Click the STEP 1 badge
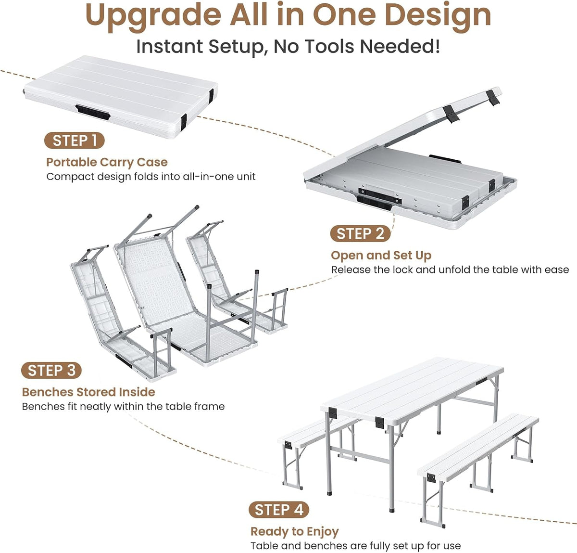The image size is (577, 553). click(75, 141)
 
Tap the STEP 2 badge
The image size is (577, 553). click(360, 233)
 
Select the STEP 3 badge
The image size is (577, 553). click(51, 371)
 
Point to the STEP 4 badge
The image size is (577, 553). click(279, 510)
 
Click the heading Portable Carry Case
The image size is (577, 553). click(107, 162)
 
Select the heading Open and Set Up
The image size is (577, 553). click(381, 255)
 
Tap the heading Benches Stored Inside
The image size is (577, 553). click(88, 392)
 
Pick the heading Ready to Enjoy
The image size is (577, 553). click(294, 531)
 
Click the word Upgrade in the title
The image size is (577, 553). click(153, 16)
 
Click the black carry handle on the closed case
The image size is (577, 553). click(93, 112)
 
